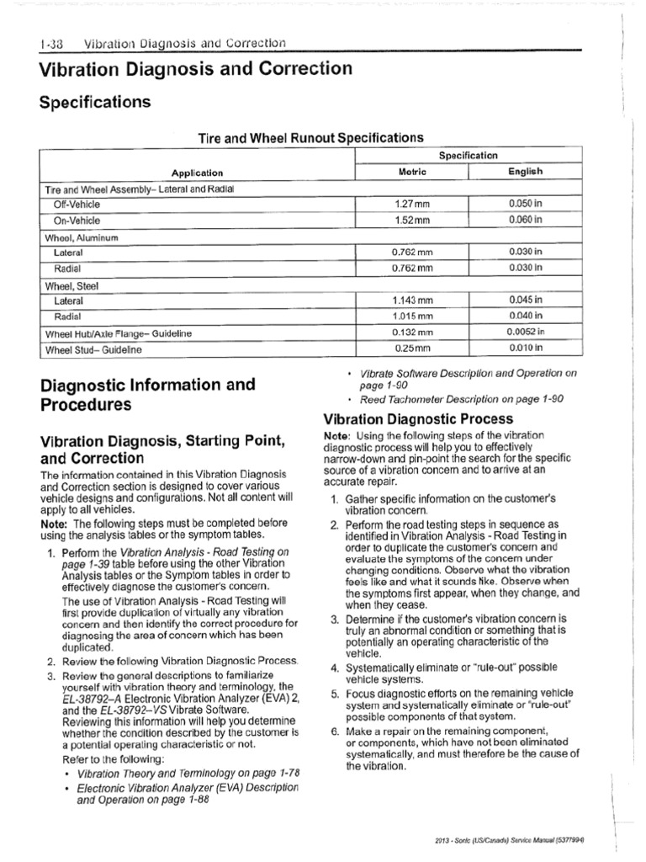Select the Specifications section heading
95,103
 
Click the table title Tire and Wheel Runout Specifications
310,137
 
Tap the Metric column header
412,172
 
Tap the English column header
526,172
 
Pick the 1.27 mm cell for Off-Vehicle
412,205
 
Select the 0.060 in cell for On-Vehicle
526,220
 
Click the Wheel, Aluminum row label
81,237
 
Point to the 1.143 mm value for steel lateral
412,301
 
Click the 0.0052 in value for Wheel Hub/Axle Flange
526,333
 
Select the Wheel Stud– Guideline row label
93,349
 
